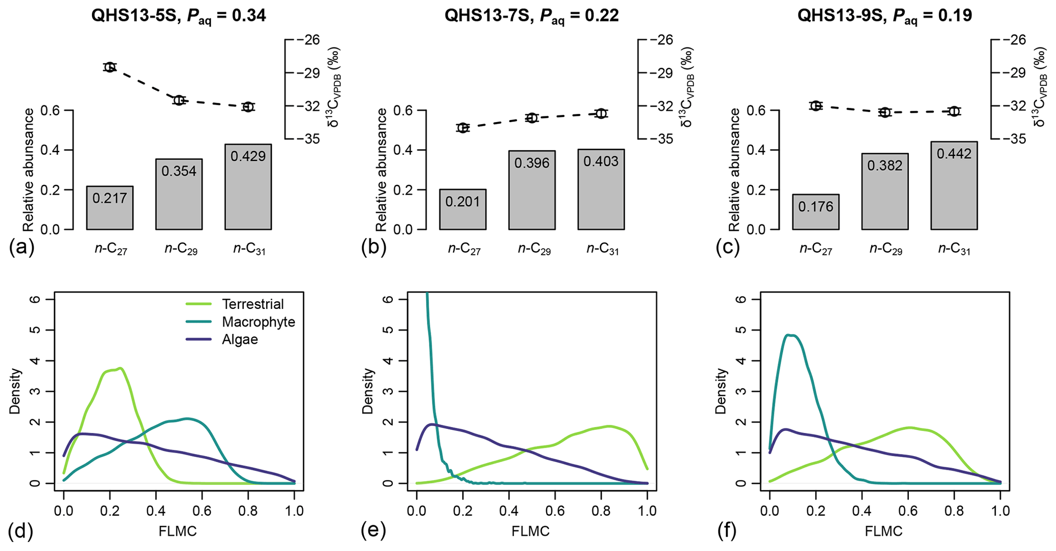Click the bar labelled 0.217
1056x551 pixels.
[x=110, y=208]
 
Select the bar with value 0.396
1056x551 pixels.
[x=532, y=190]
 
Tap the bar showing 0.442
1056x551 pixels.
[x=954, y=185]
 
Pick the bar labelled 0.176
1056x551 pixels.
[x=816, y=212]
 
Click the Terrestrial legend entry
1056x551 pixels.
[x=252, y=304]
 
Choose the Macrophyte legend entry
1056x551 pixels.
[x=258, y=322]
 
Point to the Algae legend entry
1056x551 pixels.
[x=240, y=340]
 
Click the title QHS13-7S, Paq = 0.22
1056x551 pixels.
[x=531, y=16]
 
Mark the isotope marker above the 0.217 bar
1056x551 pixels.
[x=110, y=67]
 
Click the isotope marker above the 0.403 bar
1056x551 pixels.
[x=601, y=113]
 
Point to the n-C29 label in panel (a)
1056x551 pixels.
[x=180, y=250]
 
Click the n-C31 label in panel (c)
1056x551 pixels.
[x=954, y=250]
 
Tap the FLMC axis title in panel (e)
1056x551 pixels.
[x=530, y=532]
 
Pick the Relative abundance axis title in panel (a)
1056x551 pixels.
[x=29, y=170]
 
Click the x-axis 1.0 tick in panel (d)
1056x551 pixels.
[x=294, y=511]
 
